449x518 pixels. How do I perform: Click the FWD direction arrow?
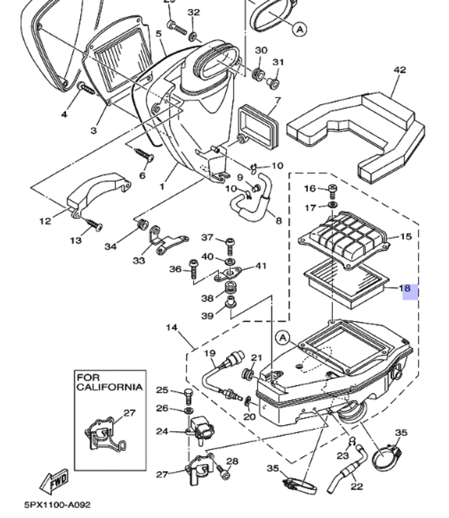click(x=55, y=481)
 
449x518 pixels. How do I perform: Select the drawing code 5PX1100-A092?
click(x=57, y=505)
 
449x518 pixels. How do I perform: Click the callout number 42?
click(x=399, y=70)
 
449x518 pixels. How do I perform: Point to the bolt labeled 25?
click(x=188, y=396)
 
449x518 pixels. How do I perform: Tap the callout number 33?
click(x=139, y=260)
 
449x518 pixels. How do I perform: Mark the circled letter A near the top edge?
click(x=299, y=29)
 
